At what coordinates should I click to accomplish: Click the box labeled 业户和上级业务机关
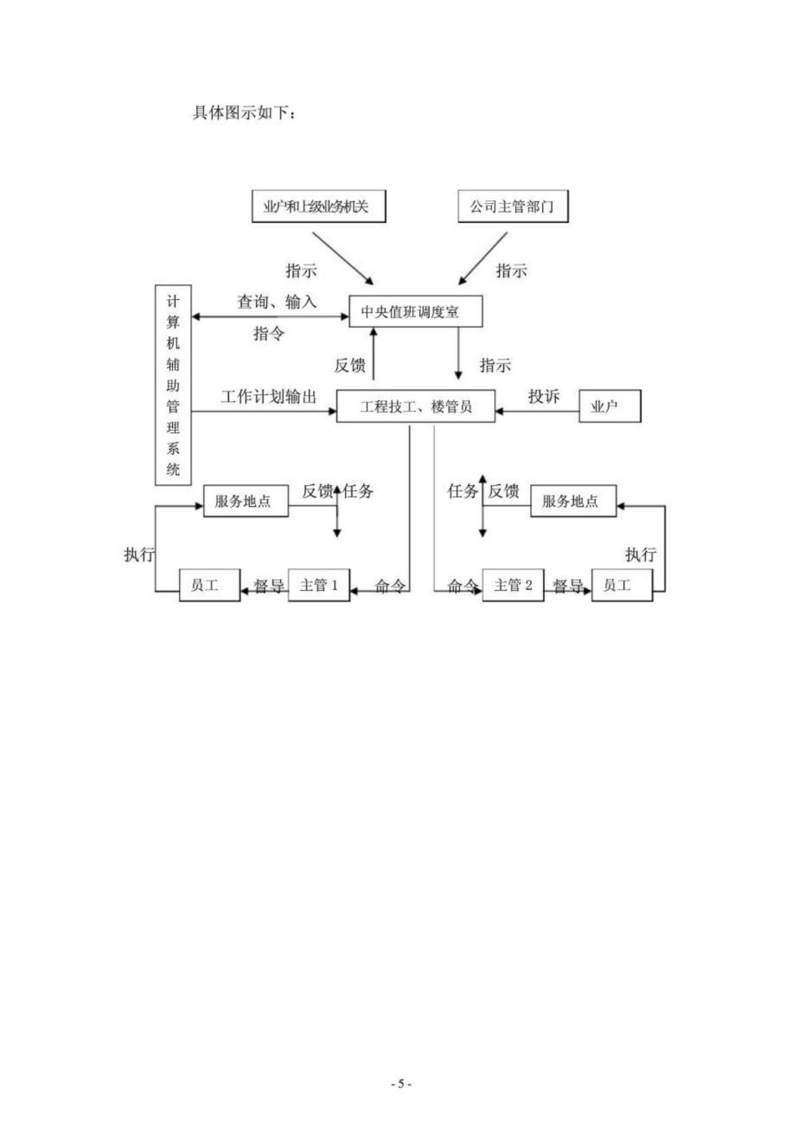318,207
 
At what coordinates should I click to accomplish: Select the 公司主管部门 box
512,207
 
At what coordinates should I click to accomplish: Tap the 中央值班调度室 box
415,312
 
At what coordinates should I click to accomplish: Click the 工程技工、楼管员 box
415,406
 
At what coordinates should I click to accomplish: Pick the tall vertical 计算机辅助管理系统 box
173,385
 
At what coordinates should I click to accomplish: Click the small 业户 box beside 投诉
610,406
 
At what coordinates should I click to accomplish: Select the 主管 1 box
318,585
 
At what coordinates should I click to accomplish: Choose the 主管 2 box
512,585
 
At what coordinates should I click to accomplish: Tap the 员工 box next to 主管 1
210,585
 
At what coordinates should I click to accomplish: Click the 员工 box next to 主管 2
622,585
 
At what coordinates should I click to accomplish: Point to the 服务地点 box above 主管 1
246,501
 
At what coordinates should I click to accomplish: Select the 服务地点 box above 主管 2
573,501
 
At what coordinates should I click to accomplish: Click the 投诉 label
544,396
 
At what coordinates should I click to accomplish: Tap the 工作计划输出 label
269,396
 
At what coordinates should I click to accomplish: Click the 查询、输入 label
277,301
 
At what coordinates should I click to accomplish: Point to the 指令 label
269,334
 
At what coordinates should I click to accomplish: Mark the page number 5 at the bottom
401,1084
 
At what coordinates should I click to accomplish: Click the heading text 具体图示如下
240,113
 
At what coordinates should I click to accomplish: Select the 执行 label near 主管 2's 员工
641,554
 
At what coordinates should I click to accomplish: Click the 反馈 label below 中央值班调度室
350,365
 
